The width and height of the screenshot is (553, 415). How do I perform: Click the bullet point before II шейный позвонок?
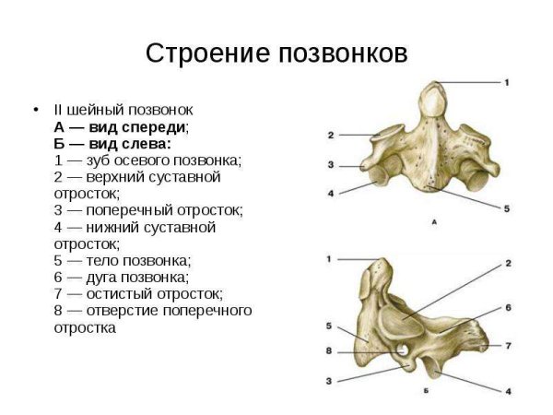coord(36,111)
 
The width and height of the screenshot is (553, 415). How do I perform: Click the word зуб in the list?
coord(97,160)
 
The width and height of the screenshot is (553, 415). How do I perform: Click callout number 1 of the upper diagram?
coord(507,83)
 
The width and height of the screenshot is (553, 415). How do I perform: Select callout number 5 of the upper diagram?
coord(507,209)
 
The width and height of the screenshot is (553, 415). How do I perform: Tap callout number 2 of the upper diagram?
coord(330,136)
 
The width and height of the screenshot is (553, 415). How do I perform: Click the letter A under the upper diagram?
coord(434,222)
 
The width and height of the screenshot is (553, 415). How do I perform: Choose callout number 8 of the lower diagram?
coord(329,351)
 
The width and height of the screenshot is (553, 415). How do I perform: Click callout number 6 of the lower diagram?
coord(508,306)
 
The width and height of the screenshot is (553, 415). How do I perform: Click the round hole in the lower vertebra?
coord(403,350)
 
